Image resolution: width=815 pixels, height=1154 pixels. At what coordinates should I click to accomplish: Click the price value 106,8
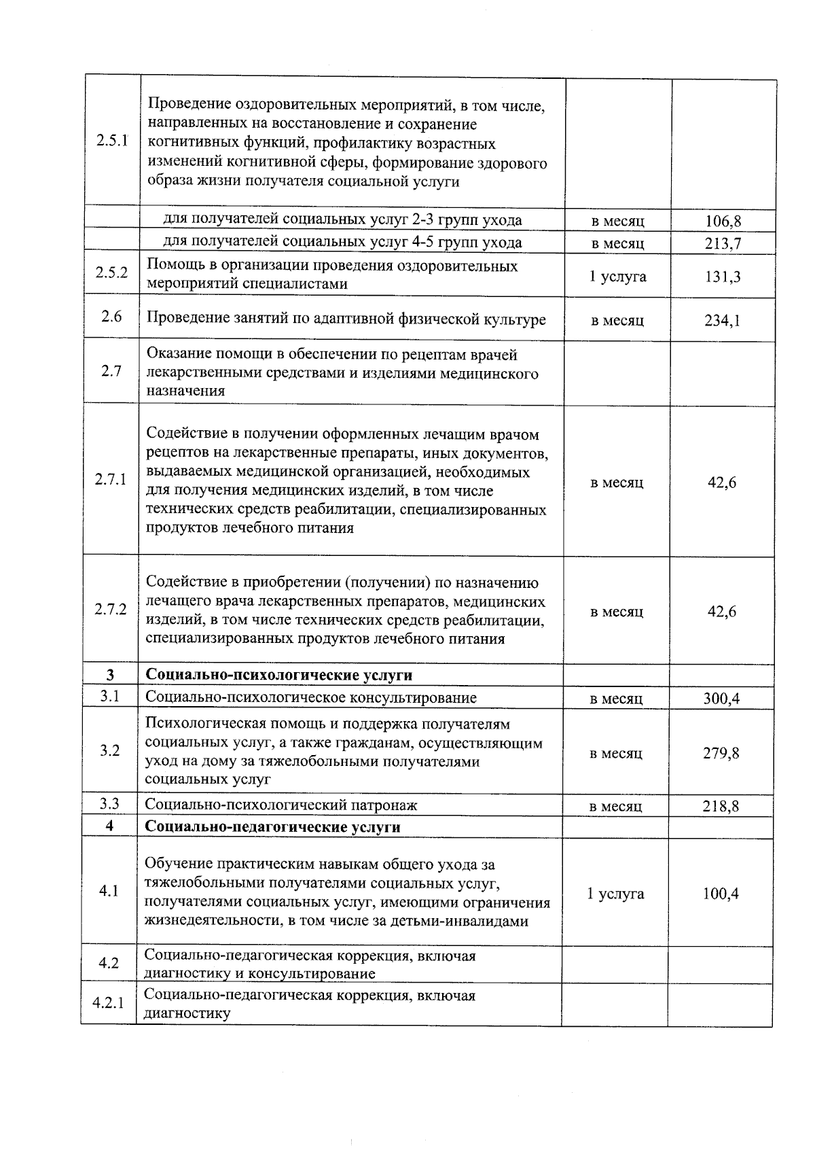click(723, 221)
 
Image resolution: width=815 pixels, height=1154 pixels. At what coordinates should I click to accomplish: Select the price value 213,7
click(723, 243)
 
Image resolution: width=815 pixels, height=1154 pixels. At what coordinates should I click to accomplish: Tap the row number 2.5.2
click(112, 273)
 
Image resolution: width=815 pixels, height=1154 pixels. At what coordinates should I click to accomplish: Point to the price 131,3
click(723, 277)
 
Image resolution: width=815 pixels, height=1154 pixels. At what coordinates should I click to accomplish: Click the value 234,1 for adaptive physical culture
click(722, 320)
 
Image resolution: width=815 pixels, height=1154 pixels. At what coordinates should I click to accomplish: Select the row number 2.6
click(111, 316)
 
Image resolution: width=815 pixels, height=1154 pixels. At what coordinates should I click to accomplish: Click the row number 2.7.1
click(111, 479)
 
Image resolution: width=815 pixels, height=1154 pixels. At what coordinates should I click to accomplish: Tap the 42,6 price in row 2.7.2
click(721, 612)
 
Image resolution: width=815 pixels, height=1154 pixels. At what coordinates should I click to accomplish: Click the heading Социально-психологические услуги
click(279, 675)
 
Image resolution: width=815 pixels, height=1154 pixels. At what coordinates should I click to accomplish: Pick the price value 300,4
click(721, 698)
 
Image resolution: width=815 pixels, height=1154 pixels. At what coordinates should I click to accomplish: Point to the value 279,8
click(721, 753)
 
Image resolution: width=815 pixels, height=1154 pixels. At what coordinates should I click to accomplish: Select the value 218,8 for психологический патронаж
click(721, 806)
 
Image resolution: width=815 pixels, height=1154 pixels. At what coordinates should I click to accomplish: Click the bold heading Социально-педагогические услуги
click(273, 827)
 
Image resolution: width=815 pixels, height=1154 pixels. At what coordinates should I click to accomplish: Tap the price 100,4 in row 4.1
click(721, 894)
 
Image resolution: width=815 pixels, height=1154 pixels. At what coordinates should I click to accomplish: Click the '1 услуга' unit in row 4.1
click(615, 894)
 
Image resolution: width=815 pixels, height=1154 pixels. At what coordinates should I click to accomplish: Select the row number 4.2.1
click(108, 1002)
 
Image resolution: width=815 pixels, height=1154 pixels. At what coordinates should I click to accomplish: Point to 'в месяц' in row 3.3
click(616, 806)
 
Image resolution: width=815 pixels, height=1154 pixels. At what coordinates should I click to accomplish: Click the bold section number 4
click(109, 826)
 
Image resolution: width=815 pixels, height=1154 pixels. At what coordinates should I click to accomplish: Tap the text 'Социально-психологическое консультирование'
click(311, 697)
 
